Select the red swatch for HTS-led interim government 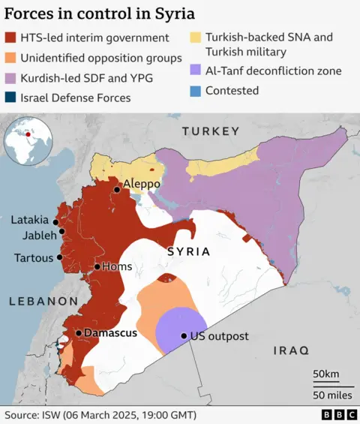(x=10, y=38)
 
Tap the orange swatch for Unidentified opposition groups (x=10, y=58)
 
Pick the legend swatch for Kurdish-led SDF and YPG (x=10, y=77)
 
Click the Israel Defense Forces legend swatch (x=10, y=98)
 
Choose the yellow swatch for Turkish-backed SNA (x=194, y=37)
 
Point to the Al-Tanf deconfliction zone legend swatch (x=194, y=71)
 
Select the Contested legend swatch (x=194, y=91)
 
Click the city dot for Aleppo (x=116, y=190)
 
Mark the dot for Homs (x=97, y=266)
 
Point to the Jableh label (x=34, y=235)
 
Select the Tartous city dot (x=60, y=257)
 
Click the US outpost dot (x=184, y=336)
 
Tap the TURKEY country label (x=211, y=132)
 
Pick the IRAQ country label (x=290, y=350)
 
